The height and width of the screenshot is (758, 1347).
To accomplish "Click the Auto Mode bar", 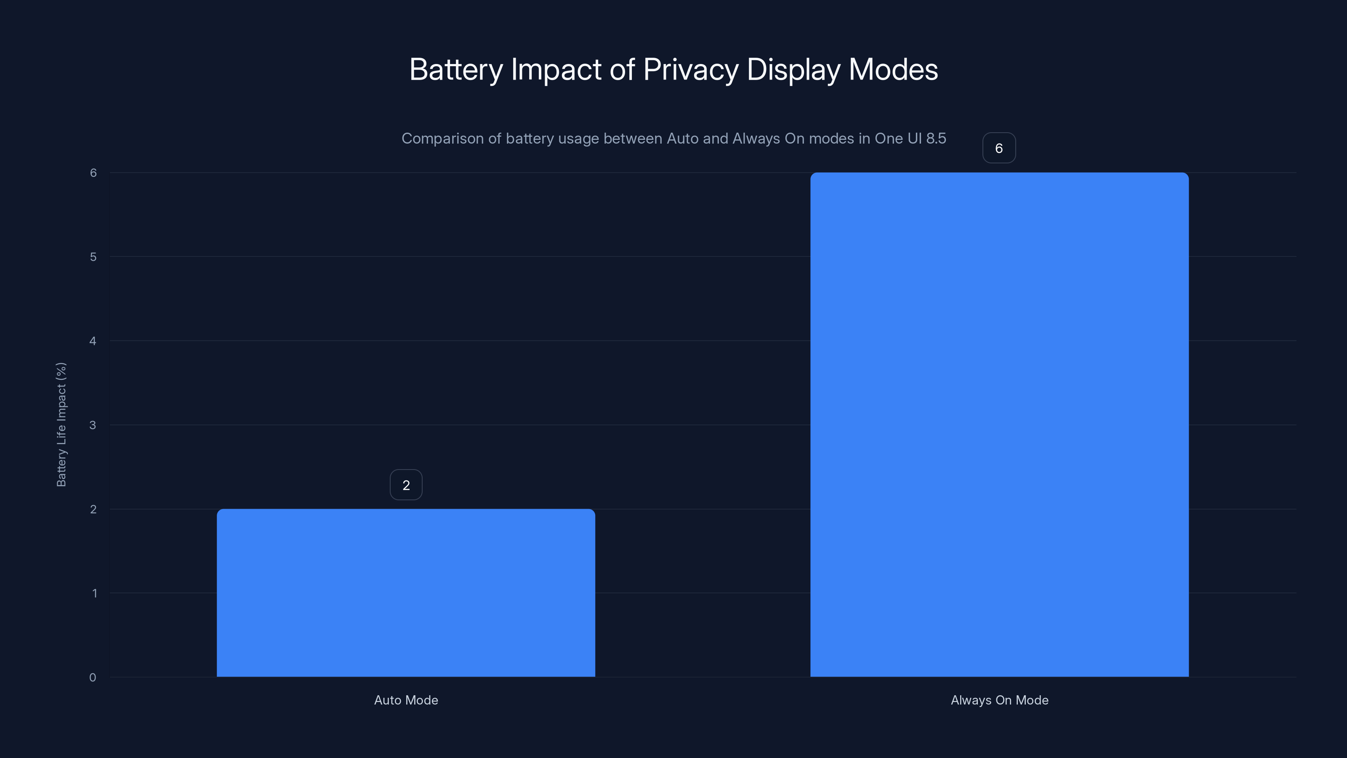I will (x=406, y=593).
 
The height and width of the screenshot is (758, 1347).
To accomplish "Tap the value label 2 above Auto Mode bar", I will (x=406, y=485).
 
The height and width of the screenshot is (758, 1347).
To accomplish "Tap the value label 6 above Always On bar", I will (x=999, y=148).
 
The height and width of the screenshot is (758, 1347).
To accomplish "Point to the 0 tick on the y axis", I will (x=93, y=678).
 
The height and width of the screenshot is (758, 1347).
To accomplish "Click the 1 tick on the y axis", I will (x=95, y=593).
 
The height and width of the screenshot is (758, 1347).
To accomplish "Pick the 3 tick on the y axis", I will (x=93, y=425).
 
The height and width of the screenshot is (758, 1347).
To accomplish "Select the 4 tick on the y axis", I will (x=93, y=341).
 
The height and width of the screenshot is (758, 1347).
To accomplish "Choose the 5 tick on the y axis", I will (x=93, y=257).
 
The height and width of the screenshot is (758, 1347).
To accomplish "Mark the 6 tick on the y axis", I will (x=93, y=173).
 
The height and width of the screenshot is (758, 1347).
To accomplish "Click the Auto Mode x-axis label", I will (x=406, y=700).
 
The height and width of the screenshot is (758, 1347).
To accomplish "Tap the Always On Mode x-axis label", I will (x=999, y=700).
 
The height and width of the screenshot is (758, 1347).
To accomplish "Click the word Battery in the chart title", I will (x=455, y=69).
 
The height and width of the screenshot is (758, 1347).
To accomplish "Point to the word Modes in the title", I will (x=893, y=69).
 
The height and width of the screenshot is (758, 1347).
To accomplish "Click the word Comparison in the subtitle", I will (x=442, y=139).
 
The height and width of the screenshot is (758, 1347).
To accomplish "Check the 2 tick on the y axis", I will (x=93, y=509).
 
